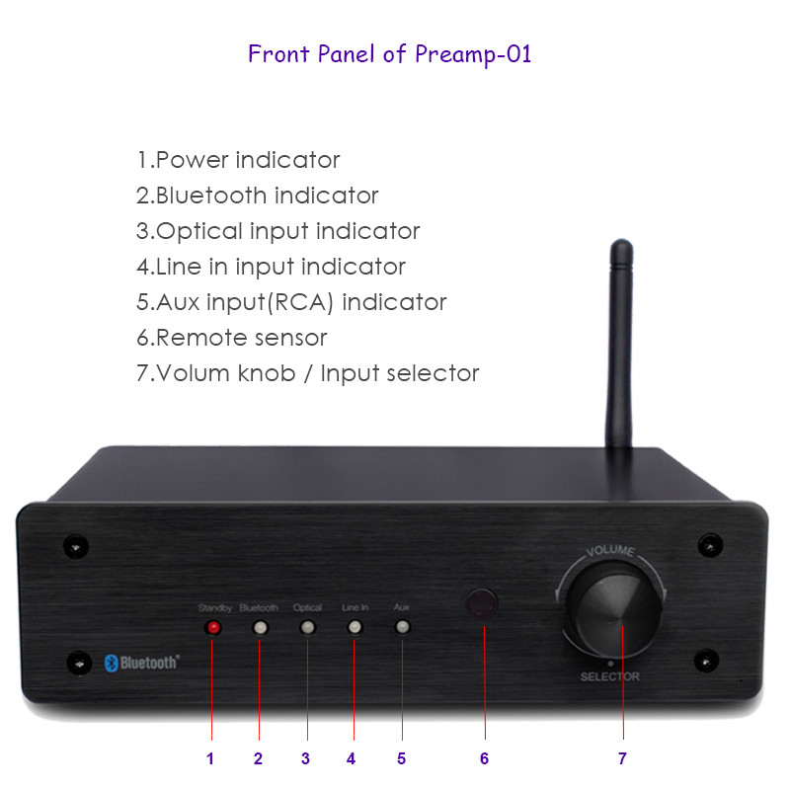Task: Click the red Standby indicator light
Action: pos(213,627)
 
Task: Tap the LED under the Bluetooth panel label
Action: pos(260,628)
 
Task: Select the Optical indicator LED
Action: pos(307,628)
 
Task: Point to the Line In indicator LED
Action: pos(355,627)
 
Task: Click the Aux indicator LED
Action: pos(402,627)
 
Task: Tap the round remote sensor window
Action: pos(482,603)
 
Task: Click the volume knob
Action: pos(612,609)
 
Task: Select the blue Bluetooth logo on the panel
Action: pos(141,663)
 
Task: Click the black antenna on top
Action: pos(620,344)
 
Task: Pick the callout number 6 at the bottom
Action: pos(484,758)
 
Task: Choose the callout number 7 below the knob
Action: pos(622,758)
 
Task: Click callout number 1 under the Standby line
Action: pos(210,758)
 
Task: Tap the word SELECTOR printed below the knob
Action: pos(609,676)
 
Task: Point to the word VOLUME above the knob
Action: pos(609,550)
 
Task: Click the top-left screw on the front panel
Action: pos(76,546)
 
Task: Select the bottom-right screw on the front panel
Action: pos(706,661)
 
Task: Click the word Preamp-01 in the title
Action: pos(473,54)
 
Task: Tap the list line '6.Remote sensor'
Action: pos(232,338)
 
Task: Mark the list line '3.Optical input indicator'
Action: pos(277,231)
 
